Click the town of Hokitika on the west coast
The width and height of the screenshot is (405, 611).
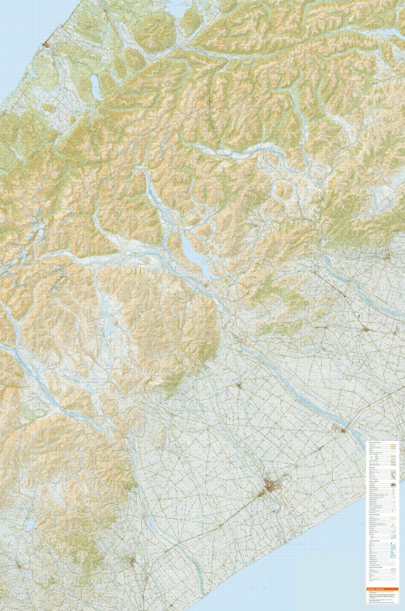[47, 43]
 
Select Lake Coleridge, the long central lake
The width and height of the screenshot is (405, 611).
[191, 244]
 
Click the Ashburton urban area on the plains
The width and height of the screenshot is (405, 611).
[271, 487]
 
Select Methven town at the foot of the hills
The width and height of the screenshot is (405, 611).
[238, 385]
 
